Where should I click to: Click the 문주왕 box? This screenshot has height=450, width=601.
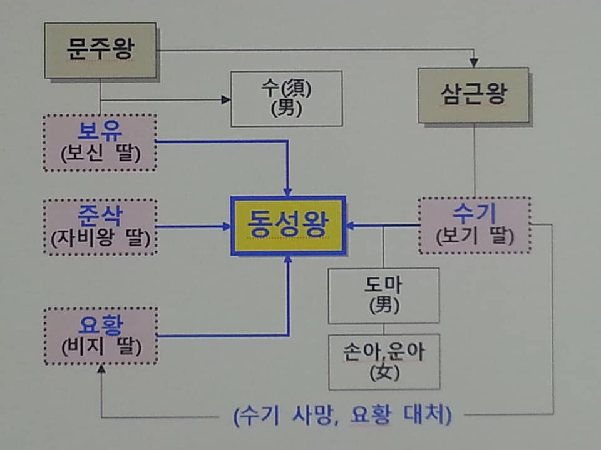[x=100, y=50]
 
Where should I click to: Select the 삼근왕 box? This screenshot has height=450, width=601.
[x=473, y=94]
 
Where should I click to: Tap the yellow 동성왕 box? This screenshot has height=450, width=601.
[x=288, y=226]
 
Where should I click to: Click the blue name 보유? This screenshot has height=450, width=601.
[x=100, y=132]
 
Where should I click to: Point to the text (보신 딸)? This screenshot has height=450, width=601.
[x=100, y=154]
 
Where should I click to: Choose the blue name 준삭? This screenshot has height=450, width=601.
[x=100, y=216]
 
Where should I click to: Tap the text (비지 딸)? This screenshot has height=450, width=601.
[x=100, y=346]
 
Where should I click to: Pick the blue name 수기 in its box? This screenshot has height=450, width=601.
[x=474, y=214]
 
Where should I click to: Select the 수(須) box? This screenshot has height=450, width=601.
[x=286, y=98]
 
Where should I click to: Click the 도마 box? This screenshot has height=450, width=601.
[x=383, y=295]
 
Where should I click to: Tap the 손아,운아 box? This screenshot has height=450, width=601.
[x=383, y=361]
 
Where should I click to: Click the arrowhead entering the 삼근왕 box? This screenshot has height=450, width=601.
[x=474, y=62]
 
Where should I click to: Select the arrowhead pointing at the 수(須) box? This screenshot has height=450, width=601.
[x=226, y=99]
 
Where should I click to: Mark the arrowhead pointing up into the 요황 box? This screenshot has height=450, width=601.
[x=101, y=369]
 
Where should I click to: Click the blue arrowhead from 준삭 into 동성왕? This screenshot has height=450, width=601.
[x=227, y=226]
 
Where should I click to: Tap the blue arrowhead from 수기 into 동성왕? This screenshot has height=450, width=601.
[x=351, y=226]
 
